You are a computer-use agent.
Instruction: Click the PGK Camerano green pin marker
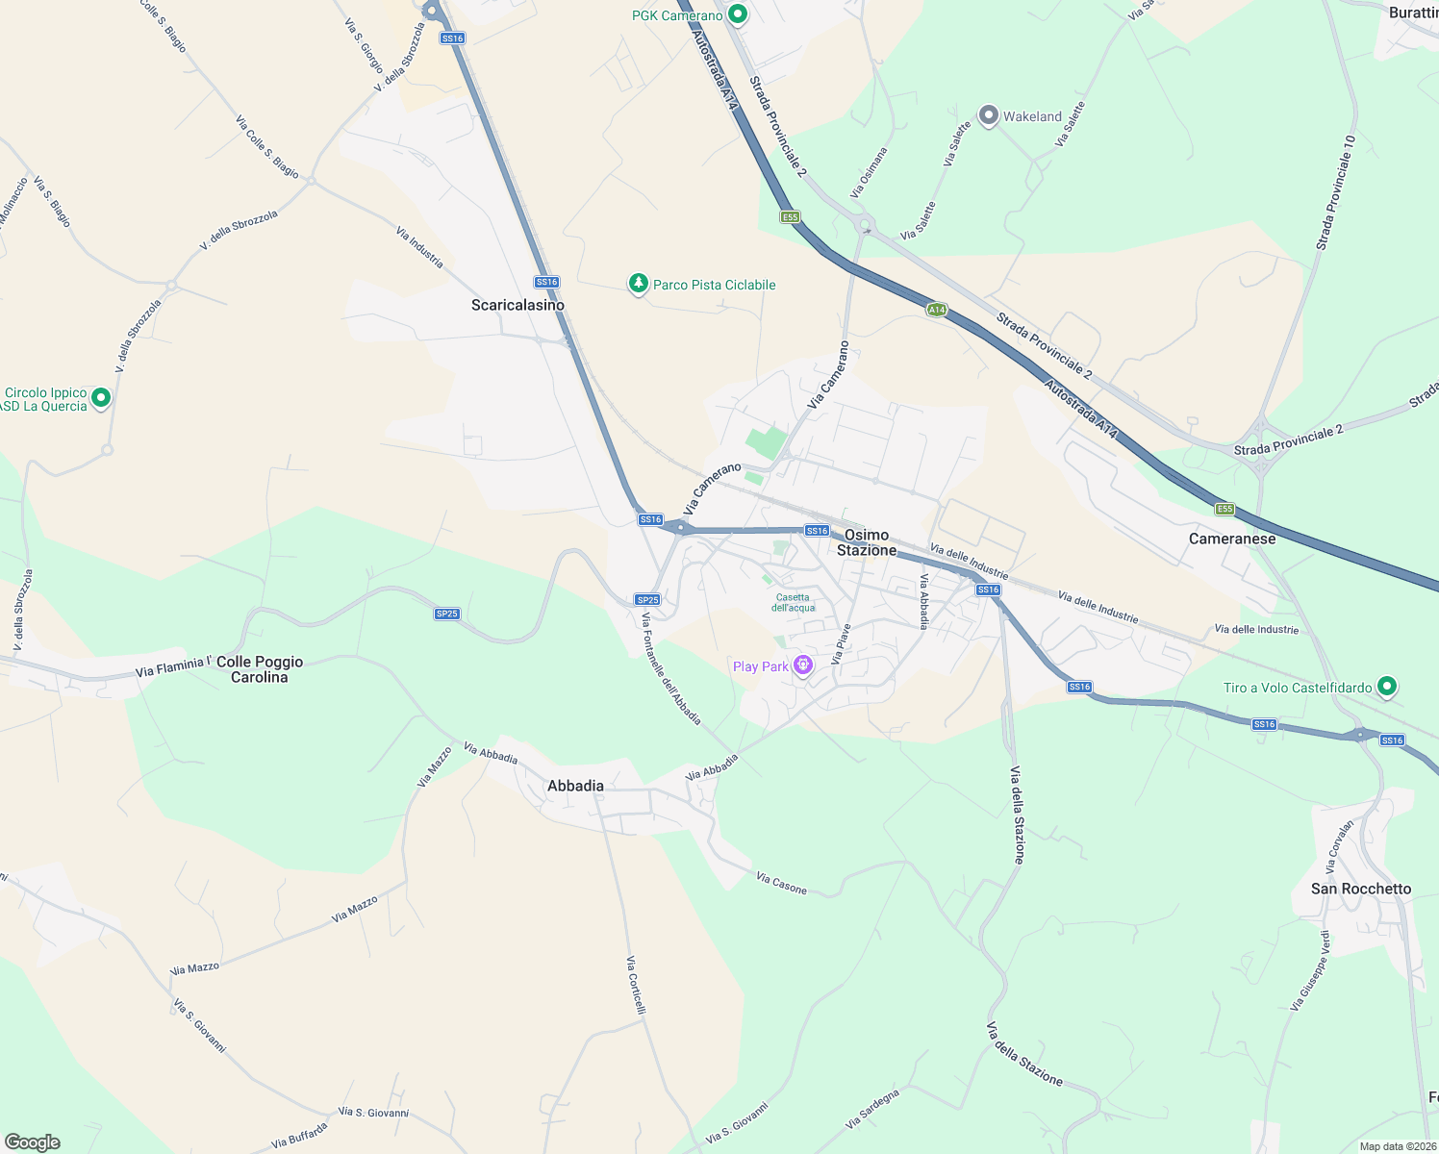738,14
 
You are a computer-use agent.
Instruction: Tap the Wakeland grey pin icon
988,115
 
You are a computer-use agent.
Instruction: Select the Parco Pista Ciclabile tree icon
638,284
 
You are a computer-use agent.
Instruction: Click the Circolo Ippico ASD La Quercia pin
101,398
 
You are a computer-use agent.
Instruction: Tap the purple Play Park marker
803,665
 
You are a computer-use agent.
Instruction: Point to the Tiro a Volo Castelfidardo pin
1386,687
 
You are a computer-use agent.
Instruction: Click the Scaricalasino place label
518,305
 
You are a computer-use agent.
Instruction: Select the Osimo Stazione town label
867,542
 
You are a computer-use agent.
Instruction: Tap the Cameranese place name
1232,539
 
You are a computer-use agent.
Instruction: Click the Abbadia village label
575,786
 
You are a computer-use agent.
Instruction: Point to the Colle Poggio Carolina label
260,669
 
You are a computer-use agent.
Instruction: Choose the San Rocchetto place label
1361,889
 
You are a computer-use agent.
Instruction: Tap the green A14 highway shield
937,310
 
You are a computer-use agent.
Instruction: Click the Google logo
32,1142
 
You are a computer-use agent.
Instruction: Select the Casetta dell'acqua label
794,602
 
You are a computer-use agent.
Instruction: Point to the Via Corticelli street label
636,985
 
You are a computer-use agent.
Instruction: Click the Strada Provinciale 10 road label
1336,192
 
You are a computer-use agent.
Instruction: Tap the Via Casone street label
781,883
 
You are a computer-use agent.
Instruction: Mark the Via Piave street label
841,644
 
